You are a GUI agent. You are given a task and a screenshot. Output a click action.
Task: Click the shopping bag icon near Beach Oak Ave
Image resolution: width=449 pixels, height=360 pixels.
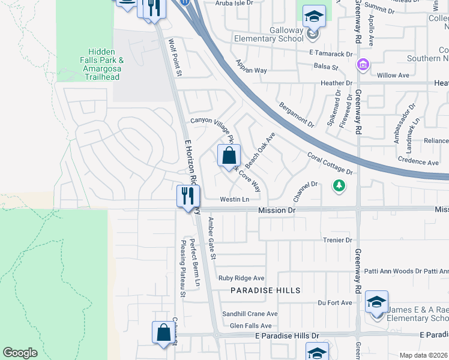click(229, 157)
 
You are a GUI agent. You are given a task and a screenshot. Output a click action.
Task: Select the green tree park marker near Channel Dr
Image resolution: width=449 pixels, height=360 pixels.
click(339, 186)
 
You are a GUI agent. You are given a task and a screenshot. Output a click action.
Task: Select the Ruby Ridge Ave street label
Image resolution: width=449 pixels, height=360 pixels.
click(241, 278)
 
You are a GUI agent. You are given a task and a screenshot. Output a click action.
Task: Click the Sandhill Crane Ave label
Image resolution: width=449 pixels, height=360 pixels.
click(250, 314)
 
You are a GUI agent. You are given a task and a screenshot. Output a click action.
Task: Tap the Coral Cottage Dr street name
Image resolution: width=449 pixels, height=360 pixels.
click(330, 163)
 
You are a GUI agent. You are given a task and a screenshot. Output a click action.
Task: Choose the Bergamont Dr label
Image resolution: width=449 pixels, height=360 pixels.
click(297, 115)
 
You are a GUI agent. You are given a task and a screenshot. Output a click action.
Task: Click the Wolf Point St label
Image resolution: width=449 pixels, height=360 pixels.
click(175, 58)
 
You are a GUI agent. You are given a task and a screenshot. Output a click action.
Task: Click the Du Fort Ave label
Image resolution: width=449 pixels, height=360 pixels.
click(334, 303)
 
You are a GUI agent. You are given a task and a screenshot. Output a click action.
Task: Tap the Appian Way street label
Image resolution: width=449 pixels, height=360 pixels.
click(251, 66)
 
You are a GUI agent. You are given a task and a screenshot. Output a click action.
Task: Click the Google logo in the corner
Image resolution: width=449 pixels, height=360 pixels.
click(20, 353)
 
